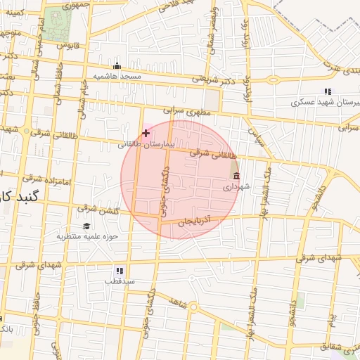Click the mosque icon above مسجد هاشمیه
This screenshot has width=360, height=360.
tap(117, 66)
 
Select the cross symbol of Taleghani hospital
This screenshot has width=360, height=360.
tap(146, 133)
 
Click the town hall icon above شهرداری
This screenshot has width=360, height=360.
tap(236, 176)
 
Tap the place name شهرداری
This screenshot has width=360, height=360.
tap(236, 188)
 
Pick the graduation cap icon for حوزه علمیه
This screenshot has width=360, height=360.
tap(86, 226)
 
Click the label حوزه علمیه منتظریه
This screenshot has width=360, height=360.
tap(86, 236)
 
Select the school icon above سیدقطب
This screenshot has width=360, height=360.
tap(119, 270)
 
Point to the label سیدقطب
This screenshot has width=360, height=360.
tap(119, 281)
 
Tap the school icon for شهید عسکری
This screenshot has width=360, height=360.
tap(327, 91)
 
